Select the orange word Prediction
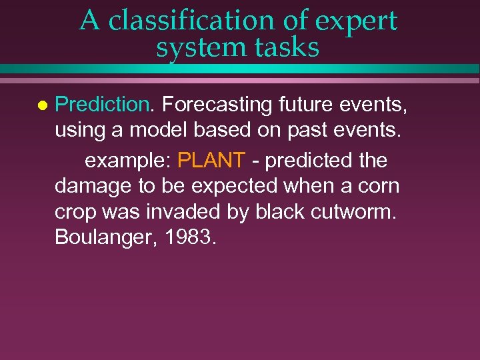click(x=103, y=105)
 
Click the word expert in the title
click(x=356, y=21)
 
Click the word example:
click(x=128, y=161)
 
